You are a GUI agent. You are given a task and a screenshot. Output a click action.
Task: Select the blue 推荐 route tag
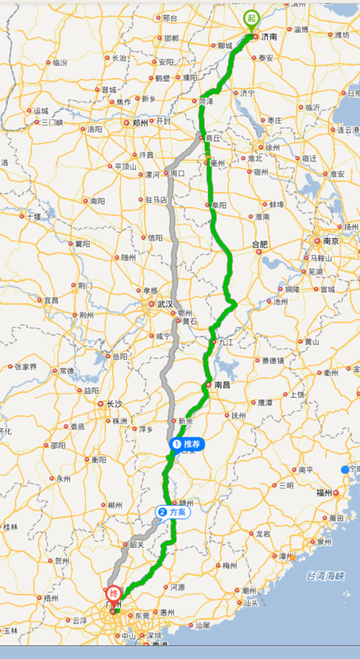tap(186, 444)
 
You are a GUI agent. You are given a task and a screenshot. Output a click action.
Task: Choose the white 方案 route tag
tap(173, 512)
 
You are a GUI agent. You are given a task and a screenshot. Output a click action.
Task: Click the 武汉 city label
tap(166, 305)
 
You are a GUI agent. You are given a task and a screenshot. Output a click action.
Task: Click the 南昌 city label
tap(222, 385)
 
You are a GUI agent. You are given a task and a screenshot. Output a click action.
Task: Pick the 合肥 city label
tap(259, 245)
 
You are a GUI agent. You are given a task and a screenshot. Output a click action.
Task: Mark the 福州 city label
tap(322, 493)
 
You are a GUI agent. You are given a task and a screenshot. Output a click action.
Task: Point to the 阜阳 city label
tap(217, 206)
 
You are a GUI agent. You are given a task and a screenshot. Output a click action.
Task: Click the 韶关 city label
tap(137, 544)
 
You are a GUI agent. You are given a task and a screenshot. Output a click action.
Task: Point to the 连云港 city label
tap(348, 130)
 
